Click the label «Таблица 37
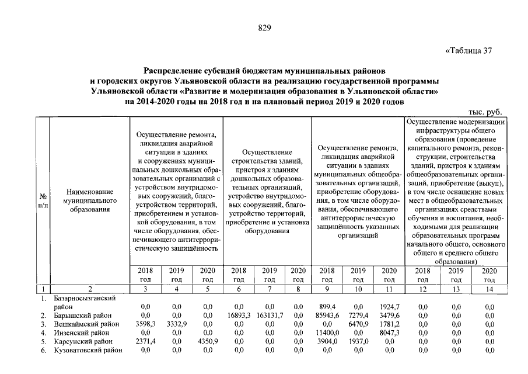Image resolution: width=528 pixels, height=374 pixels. [470, 50]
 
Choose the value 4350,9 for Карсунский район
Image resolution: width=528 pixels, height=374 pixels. [208, 342]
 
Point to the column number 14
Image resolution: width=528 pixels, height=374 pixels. [489, 289]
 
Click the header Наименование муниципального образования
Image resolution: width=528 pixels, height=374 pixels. [89, 200]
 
